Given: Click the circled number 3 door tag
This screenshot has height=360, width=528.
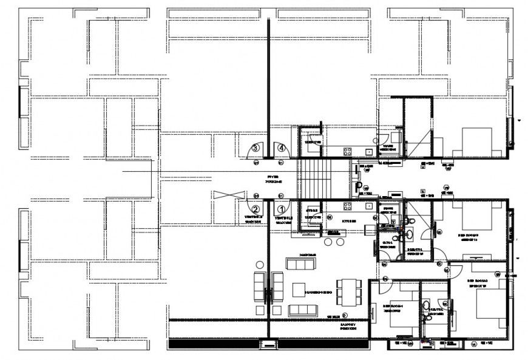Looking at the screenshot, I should [x=256, y=148].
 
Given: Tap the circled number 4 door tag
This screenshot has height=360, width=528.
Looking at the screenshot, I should [x=282, y=147].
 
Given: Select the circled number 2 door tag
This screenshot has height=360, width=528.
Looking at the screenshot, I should [x=256, y=210].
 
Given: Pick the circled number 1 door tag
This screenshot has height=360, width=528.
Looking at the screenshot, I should [x=281, y=210].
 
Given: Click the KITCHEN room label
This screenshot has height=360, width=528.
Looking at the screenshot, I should [x=348, y=221].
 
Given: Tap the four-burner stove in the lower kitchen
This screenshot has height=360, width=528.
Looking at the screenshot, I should [x=348, y=206].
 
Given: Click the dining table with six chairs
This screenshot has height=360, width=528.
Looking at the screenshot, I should [x=348, y=291].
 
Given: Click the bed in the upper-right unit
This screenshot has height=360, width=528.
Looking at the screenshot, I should [x=476, y=142].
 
